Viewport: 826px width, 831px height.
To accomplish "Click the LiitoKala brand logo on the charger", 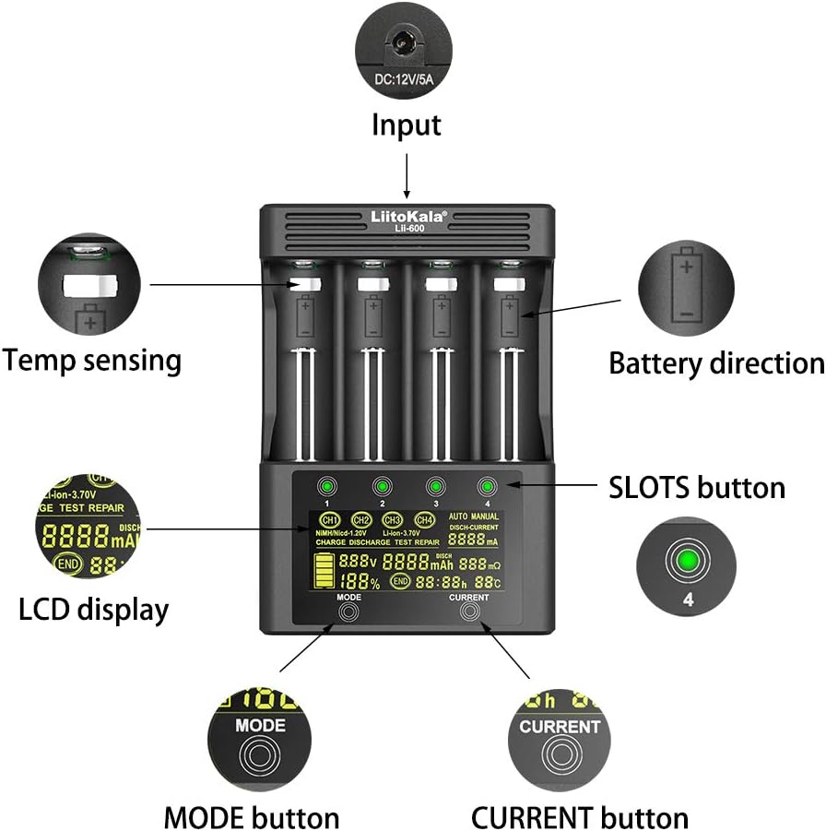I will pyautogui.click(x=407, y=215).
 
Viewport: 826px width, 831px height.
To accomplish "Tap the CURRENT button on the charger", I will pyautogui.click(x=468, y=619).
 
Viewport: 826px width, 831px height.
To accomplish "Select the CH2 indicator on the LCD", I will pyautogui.click(x=361, y=519).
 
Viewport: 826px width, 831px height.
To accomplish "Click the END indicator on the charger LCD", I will pyautogui.click(x=399, y=580).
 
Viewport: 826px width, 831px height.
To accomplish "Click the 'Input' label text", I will pyautogui.click(x=407, y=125).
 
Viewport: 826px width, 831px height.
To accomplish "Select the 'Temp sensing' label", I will pyautogui.click(x=91, y=360).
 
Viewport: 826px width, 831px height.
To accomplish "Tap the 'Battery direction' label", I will pyautogui.click(x=716, y=363).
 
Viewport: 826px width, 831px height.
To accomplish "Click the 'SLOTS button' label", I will pyautogui.click(x=697, y=486).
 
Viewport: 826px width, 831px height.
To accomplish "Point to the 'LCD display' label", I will pyautogui.click(x=93, y=609).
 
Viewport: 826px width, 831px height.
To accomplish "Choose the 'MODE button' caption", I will pyautogui.click(x=252, y=817).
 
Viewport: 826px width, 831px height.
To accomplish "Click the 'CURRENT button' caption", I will pyautogui.click(x=580, y=817).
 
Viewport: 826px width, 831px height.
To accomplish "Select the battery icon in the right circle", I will pyautogui.click(x=686, y=285).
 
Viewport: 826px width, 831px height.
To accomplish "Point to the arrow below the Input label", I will pyautogui.click(x=407, y=175).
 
